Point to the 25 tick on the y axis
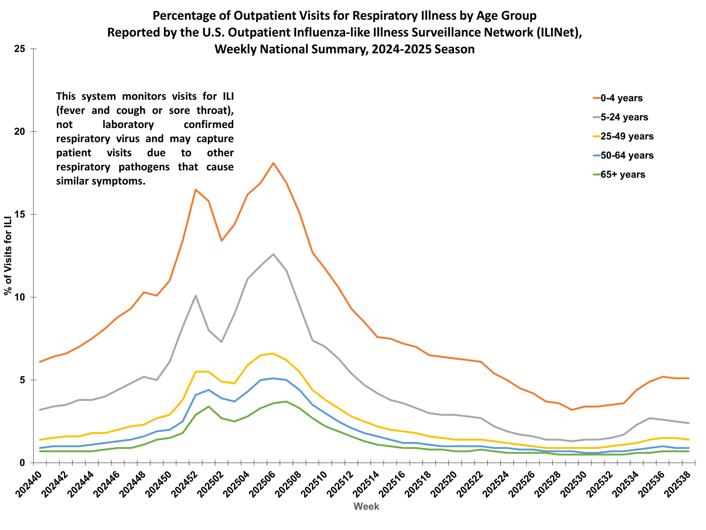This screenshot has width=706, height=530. pos(20,49)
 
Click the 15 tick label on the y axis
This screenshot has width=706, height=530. pos(20,214)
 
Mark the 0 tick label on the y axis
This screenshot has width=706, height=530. pos(22,463)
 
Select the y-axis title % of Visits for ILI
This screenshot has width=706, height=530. pos(8,256)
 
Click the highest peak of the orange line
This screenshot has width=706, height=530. pos(274,163)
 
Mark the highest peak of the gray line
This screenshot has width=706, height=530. pos(273,254)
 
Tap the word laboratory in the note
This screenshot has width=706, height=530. pos(128,124)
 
